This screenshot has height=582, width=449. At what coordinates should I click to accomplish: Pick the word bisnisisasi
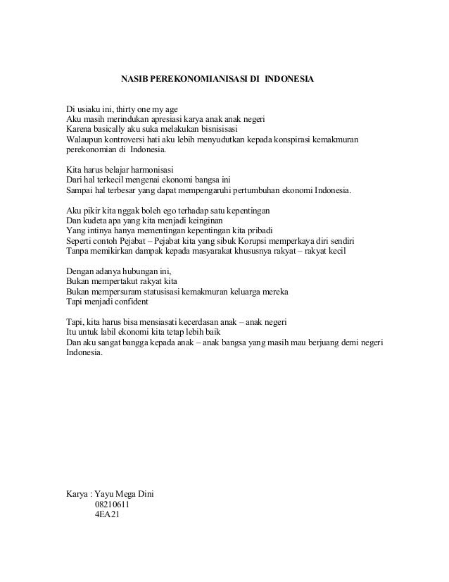pos(216,130)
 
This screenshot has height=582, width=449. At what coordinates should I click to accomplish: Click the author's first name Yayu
pos(106,494)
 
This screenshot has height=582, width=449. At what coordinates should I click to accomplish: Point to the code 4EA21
pos(106,514)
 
